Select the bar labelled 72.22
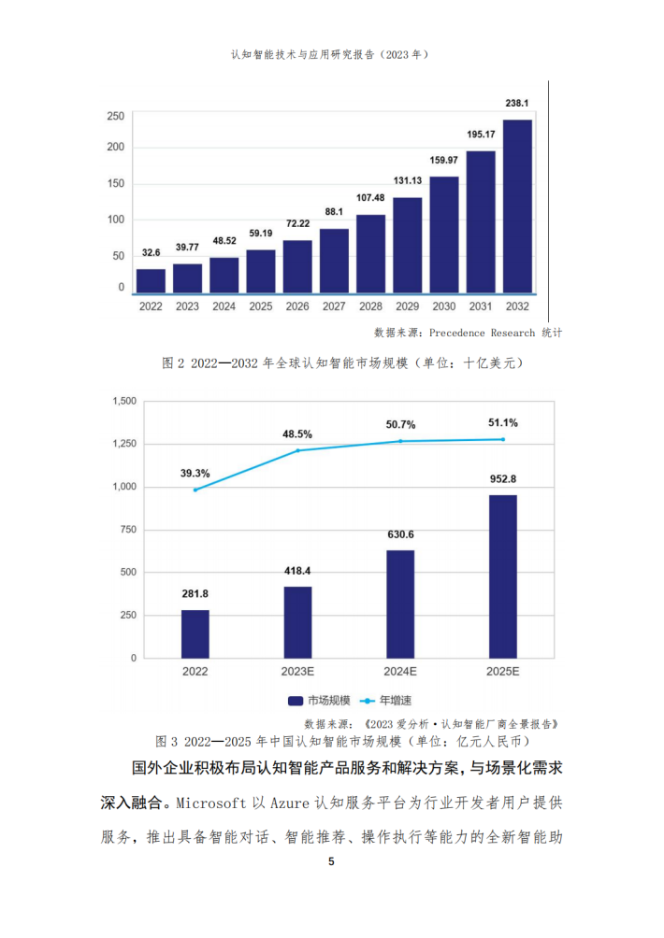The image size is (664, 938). coord(297,267)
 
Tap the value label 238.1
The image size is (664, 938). coord(517,104)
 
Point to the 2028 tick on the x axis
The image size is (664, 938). coord(370,306)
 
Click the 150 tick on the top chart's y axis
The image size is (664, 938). coord(116,183)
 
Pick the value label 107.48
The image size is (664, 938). coord(370,198)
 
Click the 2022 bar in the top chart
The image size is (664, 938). coord(151,281)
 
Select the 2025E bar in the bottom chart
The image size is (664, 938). coord(502,576)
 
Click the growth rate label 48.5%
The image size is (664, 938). coord(297,433)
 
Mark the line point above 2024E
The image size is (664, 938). coord(400,441)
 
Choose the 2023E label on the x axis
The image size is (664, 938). coord(297,672)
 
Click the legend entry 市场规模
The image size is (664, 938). coord(321,700)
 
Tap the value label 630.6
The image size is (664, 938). coord(400,534)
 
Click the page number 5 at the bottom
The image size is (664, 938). coord(331,861)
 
